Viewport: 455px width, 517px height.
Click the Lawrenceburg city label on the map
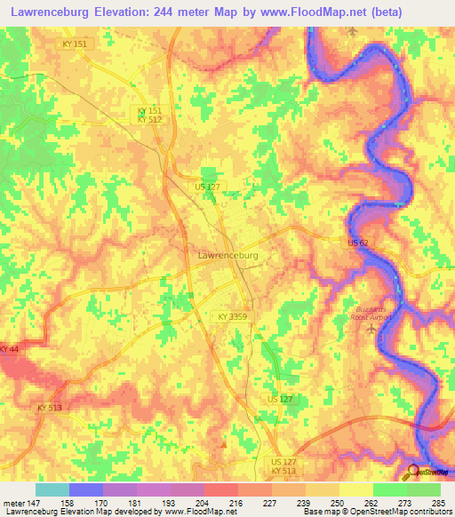point(227,255)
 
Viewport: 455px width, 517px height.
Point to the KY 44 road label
point(9,349)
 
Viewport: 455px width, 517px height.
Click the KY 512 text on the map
point(148,119)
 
